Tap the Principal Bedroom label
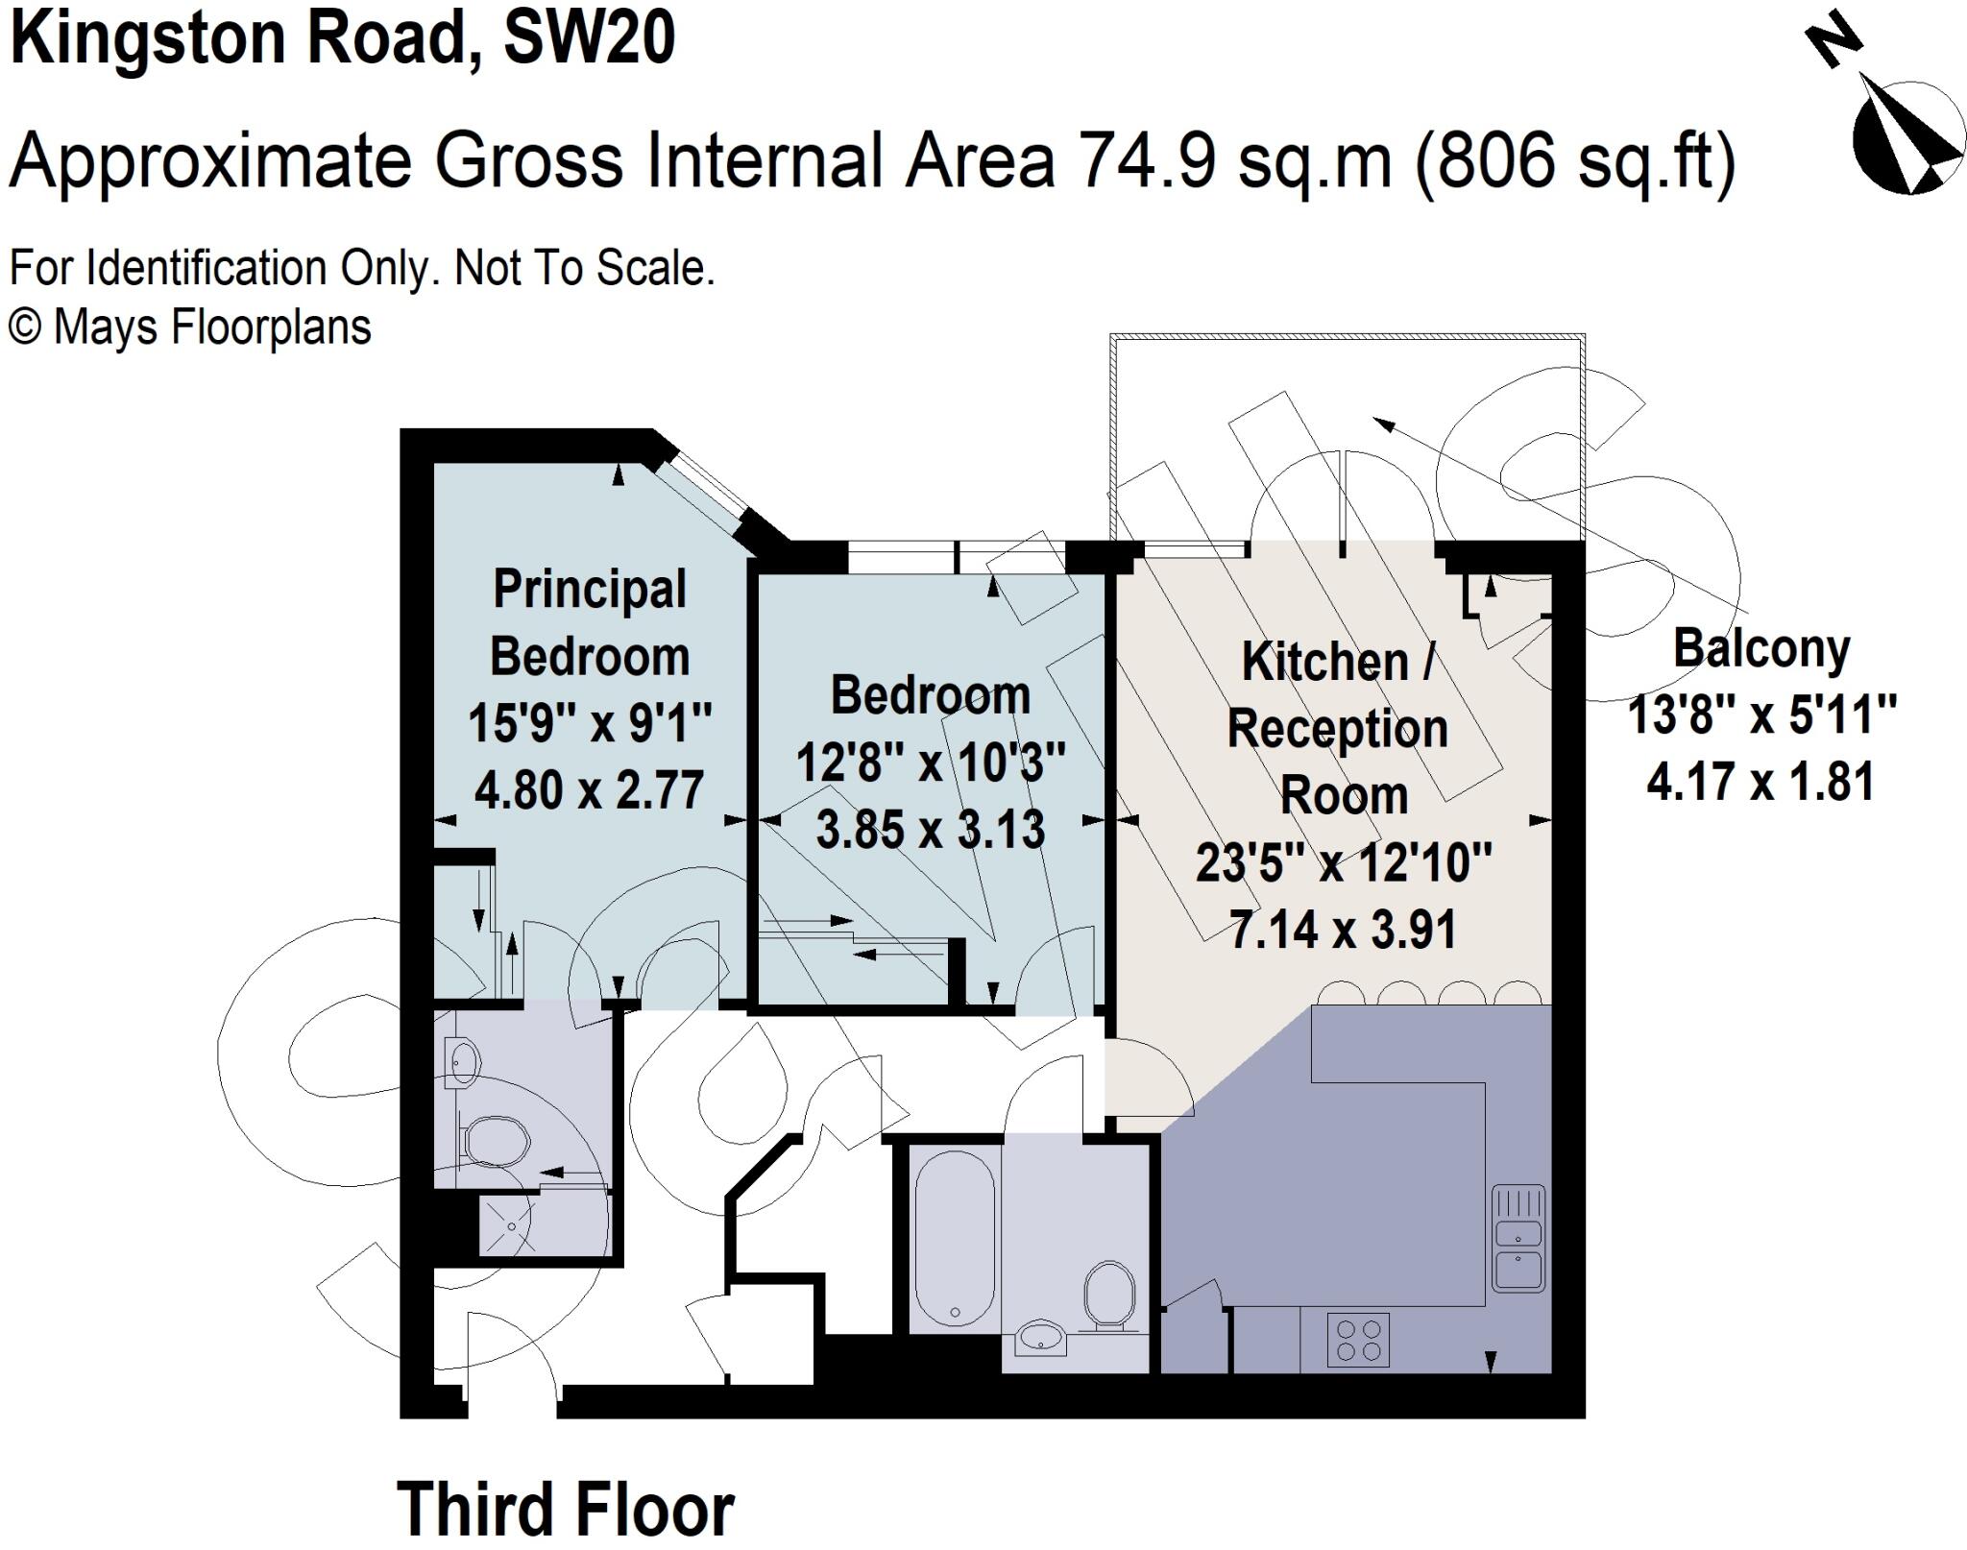coord(590,622)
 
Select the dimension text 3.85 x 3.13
coord(930,830)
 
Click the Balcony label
coord(1761,649)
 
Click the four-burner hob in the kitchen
coord(1358,1340)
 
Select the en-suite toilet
coord(495,1141)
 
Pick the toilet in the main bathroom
coord(1109,1296)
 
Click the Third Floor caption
coord(566,1509)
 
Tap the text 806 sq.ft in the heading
coord(1574,161)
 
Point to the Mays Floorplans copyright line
coord(190,327)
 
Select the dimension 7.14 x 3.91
coord(1344,930)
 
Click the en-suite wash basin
coord(463,1062)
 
